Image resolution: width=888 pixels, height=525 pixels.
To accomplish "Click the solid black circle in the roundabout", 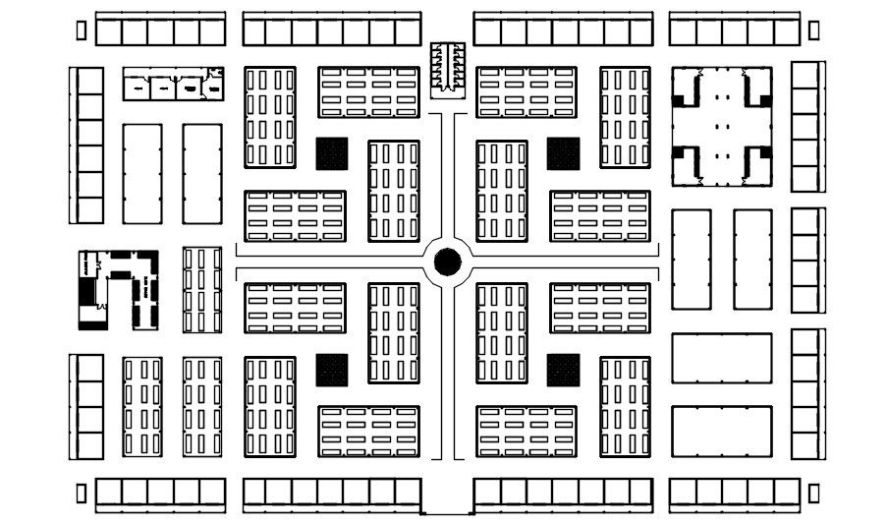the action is point(446,261).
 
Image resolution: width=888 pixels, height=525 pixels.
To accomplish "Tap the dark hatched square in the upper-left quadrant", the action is point(332,152).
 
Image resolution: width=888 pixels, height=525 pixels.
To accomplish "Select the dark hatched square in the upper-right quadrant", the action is point(563,152).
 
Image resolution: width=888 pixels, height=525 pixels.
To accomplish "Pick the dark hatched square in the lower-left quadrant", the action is point(332,370).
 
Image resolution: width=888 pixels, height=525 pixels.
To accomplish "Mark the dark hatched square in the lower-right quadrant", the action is point(563,370).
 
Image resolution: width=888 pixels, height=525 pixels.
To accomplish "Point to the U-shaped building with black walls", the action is point(119,287).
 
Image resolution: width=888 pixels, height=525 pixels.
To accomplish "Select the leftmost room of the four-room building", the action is point(137,87).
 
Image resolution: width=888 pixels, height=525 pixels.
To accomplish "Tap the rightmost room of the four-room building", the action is point(211,86).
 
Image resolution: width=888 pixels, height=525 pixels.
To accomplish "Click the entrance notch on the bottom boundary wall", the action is point(447,512).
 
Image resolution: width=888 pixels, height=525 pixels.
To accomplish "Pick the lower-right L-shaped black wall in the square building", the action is point(756,162).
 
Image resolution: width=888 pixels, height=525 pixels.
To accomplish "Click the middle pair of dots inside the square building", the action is point(722,126).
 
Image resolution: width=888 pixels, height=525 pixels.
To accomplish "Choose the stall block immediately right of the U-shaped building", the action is point(201,289).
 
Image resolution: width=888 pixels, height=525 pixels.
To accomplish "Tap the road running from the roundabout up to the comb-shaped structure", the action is point(447,172).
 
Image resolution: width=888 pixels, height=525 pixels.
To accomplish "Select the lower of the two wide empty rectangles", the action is point(722,430).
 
